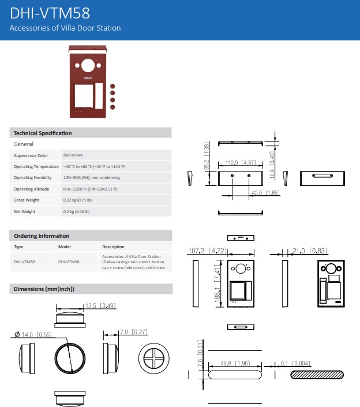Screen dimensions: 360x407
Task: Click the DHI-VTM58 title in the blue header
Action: (x=50, y=13)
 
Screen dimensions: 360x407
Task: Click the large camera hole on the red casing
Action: (x=88, y=65)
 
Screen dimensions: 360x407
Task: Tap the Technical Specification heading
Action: (x=43, y=133)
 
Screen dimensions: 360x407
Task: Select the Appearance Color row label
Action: (x=31, y=155)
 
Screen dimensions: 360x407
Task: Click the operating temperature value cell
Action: (x=95, y=167)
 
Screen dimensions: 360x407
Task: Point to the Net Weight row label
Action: (x=24, y=211)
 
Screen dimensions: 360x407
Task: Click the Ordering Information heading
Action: (x=42, y=236)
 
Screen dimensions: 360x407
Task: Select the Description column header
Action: (x=113, y=247)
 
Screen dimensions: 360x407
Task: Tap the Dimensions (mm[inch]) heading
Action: (x=44, y=289)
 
